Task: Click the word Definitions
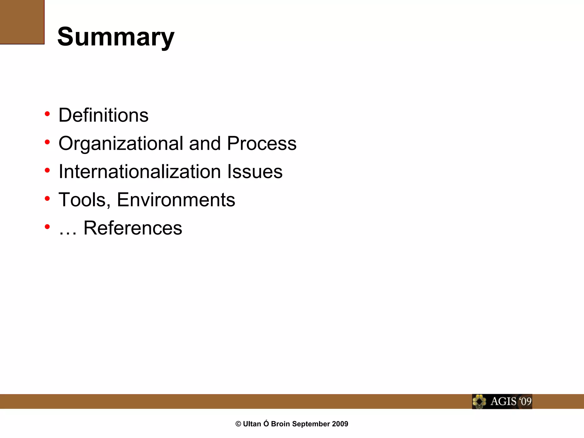(x=104, y=115)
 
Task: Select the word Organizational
(x=121, y=143)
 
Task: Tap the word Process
(x=261, y=143)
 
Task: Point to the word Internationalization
(x=140, y=172)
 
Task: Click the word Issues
(x=255, y=172)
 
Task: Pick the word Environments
(x=176, y=200)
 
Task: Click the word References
(x=133, y=228)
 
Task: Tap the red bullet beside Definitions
(x=47, y=114)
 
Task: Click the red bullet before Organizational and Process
(x=47, y=142)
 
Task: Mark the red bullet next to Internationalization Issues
(x=47, y=171)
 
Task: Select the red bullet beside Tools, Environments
(x=47, y=198)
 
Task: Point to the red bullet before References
(x=47, y=227)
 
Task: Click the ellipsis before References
(x=68, y=233)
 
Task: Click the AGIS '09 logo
(x=502, y=401)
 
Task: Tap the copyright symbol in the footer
(x=238, y=424)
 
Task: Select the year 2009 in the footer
(x=340, y=424)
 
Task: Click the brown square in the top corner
(x=22, y=22)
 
